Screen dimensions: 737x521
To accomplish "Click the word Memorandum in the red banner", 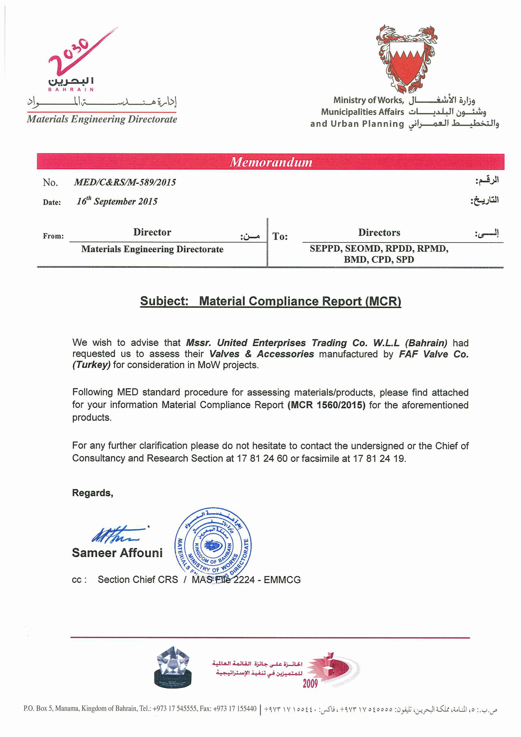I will click(271, 162).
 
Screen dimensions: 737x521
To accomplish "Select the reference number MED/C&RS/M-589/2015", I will click(125, 182).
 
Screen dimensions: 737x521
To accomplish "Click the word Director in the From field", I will click(152, 232).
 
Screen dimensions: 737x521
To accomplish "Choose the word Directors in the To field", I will click(379, 232).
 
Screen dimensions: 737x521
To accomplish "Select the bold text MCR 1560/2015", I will click(326, 405).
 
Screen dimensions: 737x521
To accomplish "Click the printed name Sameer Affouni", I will click(117, 553).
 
